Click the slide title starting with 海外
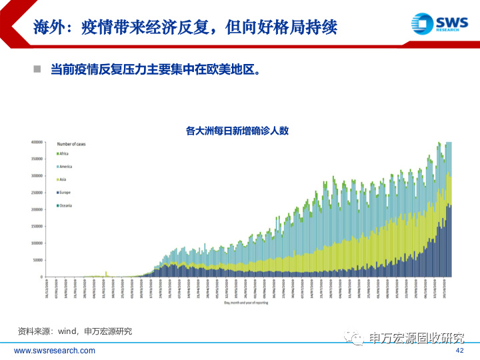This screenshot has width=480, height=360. pyautogui.click(x=185, y=27)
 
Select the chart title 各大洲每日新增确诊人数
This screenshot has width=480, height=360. pyautogui.click(x=237, y=131)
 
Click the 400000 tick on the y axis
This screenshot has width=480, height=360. pyautogui.click(x=37, y=142)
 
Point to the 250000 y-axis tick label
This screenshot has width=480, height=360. pyautogui.click(x=37, y=193)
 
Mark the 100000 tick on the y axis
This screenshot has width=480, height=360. pyautogui.click(x=37, y=243)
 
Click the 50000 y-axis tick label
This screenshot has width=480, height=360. pyautogui.click(x=37, y=260)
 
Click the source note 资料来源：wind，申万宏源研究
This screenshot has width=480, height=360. pyautogui.click(x=75, y=331)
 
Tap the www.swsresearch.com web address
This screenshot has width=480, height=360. pyautogui.click(x=55, y=351)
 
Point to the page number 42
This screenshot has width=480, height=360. pyautogui.click(x=459, y=351)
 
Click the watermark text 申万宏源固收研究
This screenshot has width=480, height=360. pyautogui.click(x=417, y=339)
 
